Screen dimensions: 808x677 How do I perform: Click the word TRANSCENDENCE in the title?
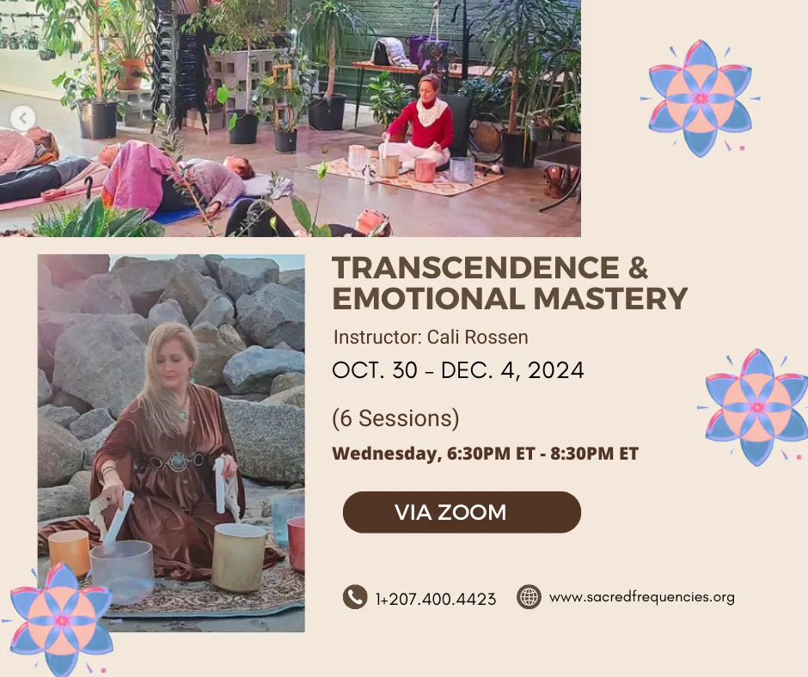coord(475,267)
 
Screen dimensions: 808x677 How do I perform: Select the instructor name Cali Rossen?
coord(478,337)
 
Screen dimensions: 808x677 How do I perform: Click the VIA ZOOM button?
coord(462,512)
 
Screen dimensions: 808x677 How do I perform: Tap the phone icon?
coord(355,597)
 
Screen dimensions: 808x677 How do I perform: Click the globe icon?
coord(529,597)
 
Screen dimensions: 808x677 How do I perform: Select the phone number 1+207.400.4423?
coord(436,599)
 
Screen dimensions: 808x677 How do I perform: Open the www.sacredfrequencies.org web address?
coord(642,597)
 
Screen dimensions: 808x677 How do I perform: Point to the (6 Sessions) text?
coord(395,418)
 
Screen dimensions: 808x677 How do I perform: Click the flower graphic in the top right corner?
coord(701,98)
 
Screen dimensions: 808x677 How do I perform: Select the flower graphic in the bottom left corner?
coord(61,619)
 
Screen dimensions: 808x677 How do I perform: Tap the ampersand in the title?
coord(639,267)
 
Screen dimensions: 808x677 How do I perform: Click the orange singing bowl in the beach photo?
coord(69,552)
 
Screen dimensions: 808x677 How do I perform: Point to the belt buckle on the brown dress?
coord(178,461)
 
